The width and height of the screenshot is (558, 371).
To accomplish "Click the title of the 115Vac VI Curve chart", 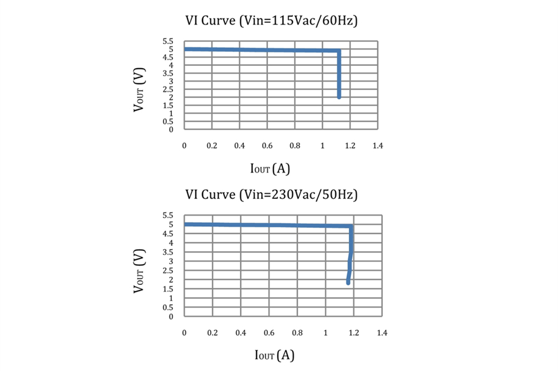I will point(271,21).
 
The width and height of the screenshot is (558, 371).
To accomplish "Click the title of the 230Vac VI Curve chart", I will point(271,195).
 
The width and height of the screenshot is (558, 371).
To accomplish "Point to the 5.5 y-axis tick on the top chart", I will point(168,41).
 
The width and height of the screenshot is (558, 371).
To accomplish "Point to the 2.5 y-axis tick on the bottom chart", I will point(168,270).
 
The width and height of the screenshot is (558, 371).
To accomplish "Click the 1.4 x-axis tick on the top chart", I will point(377,146).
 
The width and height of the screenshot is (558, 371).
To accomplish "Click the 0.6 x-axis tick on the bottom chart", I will point(269,333).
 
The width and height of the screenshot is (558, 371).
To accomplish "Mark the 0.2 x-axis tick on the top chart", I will point(211,146).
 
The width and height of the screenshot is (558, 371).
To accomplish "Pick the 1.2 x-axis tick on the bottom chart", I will point(354,333).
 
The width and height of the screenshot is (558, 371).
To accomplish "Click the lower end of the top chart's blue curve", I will point(339,97).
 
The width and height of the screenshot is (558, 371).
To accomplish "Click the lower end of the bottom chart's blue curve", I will point(348,283).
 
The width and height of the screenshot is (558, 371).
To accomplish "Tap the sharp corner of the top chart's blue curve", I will point(339,51).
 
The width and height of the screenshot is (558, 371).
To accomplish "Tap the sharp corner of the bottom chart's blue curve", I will point(351,226).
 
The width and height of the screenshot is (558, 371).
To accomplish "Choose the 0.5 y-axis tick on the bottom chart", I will point(168,307).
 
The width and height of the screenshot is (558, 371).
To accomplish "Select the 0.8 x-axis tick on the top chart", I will point(295,146).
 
